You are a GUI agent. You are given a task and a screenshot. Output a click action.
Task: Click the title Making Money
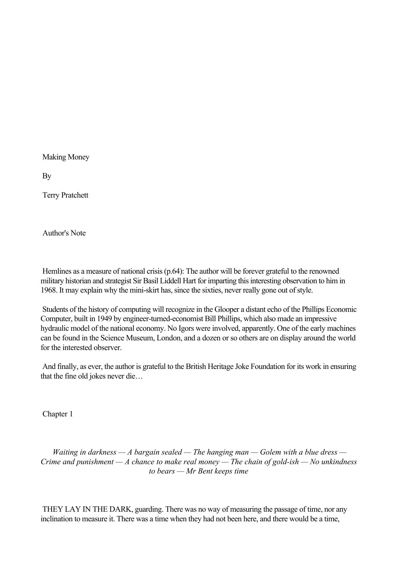(x=66, y=157)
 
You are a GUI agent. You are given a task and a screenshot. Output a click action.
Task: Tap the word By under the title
(x=47, y=176)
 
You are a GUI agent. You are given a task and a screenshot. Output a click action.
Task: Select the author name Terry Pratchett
(x=65, y=195)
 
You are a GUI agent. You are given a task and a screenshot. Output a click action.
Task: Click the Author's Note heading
(x=64, y=233)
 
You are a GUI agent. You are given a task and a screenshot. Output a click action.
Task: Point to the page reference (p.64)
(x=174, y=271)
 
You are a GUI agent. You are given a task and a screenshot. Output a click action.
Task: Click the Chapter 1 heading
(x=58, y=414)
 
